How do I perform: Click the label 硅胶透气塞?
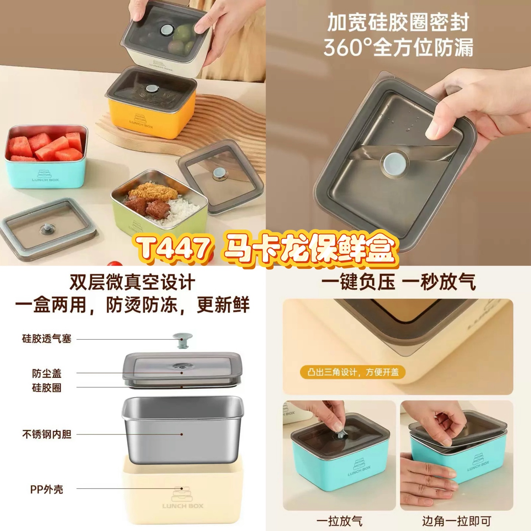coord(46,339)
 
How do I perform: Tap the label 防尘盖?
coord(46,374)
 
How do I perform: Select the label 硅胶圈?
coord(46,388)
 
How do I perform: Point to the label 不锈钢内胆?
coord(46,434)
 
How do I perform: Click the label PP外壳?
coord(46,489)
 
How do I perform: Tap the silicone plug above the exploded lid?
coord(183,341)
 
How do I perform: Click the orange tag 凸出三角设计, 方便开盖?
coord(353,372)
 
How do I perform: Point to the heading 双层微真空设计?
coord(132,282)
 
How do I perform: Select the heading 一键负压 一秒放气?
coord(399,282)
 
